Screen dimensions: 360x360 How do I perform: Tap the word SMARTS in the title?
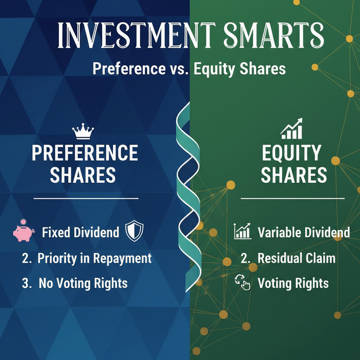tap(274, 35)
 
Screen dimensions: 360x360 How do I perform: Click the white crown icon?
tap(83, 131)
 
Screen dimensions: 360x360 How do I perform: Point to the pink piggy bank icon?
tap(24, 231)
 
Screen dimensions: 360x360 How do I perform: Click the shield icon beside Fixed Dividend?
tap(134, 231)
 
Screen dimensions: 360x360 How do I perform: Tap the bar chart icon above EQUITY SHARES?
tap(291, 129)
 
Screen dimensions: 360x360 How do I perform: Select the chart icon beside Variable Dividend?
tap(242, 231)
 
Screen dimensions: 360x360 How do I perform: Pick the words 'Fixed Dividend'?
tap(81, 232)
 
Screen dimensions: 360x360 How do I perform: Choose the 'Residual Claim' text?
tap(296, 258)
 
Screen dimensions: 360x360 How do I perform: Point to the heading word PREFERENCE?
tap(85, 153)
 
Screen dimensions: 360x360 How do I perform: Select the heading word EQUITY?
tap(291, 153)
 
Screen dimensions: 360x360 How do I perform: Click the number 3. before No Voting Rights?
tap(27, 283)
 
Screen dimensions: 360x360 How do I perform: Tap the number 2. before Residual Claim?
tap(246, 258)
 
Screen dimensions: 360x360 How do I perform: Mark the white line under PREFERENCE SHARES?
tap(86, 198)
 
